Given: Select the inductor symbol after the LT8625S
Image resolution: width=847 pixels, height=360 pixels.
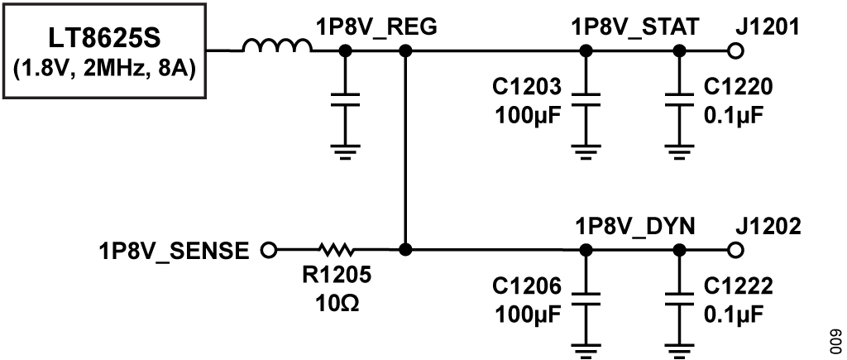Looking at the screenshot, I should click(x=277, y=49).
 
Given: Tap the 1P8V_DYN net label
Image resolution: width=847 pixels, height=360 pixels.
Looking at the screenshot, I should click(x=635, y=225).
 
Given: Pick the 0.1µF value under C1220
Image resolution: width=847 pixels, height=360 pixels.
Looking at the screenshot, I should click(x=733, y=113).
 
